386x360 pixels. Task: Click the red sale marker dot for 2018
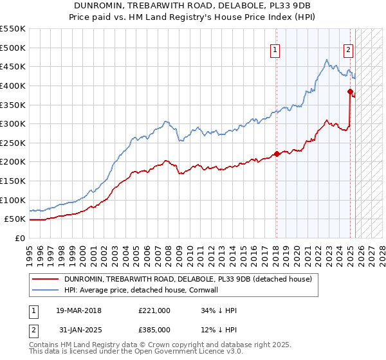(277, 154)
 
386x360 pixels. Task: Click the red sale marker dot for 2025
(351, 91)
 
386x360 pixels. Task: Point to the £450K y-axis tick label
(13, 66)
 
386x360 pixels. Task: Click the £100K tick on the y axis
(13, 200)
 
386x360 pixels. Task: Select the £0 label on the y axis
(19, 238)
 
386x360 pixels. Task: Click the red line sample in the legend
(46, 279)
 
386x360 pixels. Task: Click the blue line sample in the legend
(46, 289)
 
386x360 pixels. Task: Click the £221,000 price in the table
(154, 310)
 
